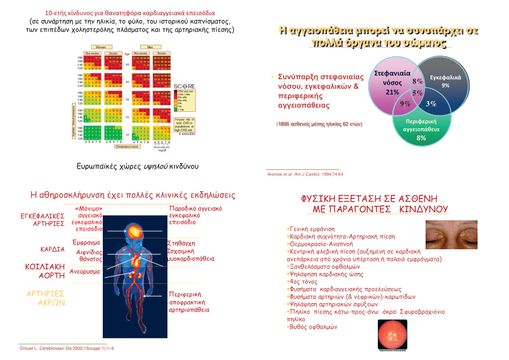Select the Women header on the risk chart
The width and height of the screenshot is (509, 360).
[100, 47]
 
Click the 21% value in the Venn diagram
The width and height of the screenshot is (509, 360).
[392, 92]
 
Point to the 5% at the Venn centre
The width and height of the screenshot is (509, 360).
[417, 93]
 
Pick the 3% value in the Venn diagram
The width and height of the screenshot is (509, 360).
[431, 104]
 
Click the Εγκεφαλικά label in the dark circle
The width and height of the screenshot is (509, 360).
[445, 78]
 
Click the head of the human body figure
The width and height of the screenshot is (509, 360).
[134, 231]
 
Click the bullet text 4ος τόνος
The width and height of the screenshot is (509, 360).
[301, 282]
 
